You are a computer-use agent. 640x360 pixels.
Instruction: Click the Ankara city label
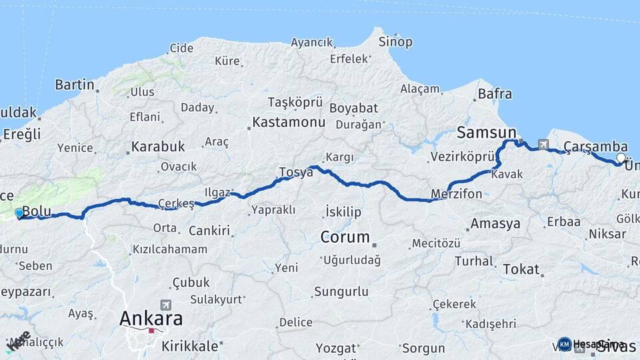[151, 319]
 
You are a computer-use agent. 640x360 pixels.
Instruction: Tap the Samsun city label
[486, 133]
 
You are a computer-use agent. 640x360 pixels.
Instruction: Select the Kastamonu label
[288, 123]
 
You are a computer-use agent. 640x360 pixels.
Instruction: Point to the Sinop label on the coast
[395, 41]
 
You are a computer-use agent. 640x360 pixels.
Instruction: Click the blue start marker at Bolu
[19, 213]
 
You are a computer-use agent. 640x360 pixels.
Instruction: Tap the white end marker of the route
[621, 158]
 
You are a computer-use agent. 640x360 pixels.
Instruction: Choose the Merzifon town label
[457, 194]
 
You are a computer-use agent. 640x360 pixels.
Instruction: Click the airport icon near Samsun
[543, 144]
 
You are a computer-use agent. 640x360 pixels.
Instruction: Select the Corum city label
[345, 237]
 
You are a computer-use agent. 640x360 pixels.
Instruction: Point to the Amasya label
[495, 224]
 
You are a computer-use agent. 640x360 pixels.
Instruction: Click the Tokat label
[521, 269]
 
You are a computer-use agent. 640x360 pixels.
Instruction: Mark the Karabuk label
[157, 146]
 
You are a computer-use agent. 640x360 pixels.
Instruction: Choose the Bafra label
[495, 94]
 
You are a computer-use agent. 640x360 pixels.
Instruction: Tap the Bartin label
[74, 85]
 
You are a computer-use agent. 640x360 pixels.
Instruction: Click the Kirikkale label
[189, 346]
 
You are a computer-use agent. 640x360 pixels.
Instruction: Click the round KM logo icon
[565, 344]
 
